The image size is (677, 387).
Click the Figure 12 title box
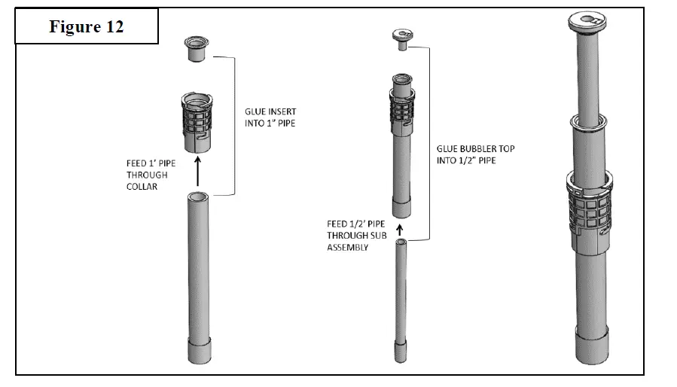pos(87,27)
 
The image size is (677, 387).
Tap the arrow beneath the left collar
pos(198,170)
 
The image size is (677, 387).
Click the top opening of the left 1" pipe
pos(200,197)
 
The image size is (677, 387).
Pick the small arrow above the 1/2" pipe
pos(400,227)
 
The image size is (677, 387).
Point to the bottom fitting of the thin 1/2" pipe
pos(400,352)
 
